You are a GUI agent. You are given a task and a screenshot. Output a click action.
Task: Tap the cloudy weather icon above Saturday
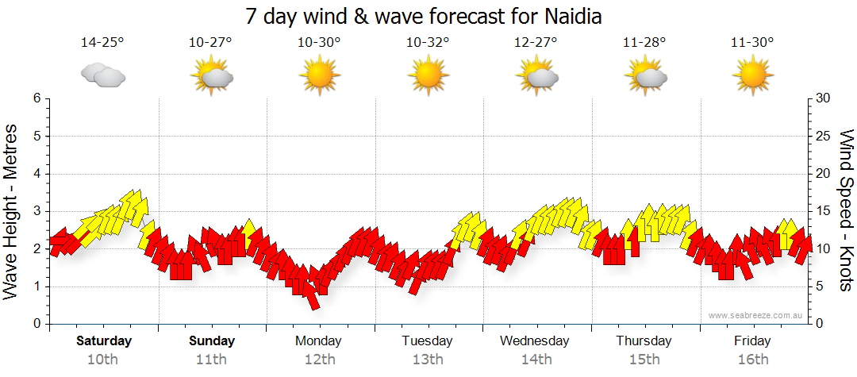[103, 75]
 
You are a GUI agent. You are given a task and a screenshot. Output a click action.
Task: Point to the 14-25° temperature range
[102, 42]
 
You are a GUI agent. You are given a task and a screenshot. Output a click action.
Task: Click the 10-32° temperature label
[428, 42]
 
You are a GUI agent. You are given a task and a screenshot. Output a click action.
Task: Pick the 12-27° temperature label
[536, 42]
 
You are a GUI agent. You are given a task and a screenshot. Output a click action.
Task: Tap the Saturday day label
[104, 341]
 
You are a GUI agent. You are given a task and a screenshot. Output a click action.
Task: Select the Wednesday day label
[535, 341]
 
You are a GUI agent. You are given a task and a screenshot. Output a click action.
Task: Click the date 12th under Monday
[319, 360]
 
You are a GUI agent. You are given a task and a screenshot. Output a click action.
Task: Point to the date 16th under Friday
[752, 360]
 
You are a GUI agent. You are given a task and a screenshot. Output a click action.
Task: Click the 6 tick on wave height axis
[37, 98]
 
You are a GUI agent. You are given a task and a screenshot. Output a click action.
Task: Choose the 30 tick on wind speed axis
[824, 98]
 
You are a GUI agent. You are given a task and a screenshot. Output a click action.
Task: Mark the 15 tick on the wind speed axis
[824, 211]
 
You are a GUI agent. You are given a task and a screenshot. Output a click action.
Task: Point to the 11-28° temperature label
[644, 42]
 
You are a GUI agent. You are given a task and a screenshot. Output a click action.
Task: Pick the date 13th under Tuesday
[428, 360]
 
